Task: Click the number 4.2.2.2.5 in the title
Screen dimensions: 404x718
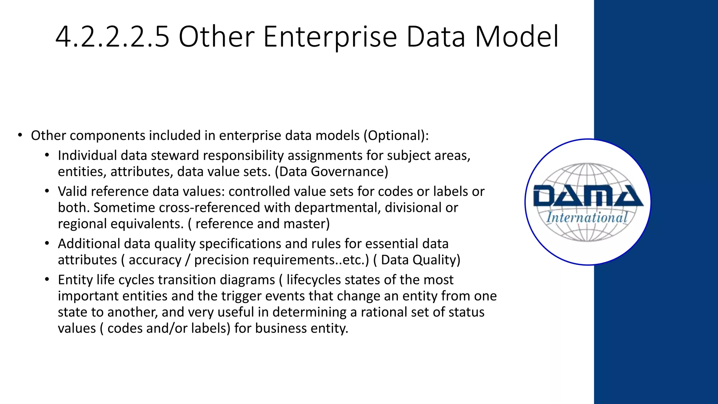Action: pos(112,37)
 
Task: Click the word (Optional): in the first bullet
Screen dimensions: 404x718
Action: pos(396,135)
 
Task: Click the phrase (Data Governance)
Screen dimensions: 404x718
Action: pos(331,171)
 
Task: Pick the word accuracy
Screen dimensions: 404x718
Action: pos(155,260)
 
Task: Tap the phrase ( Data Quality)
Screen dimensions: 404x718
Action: pos(417,260)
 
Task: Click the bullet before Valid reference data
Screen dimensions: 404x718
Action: pos(47,191)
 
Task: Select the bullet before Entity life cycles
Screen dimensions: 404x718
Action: pos(47,280)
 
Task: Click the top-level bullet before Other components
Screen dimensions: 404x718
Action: pos(20,135)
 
